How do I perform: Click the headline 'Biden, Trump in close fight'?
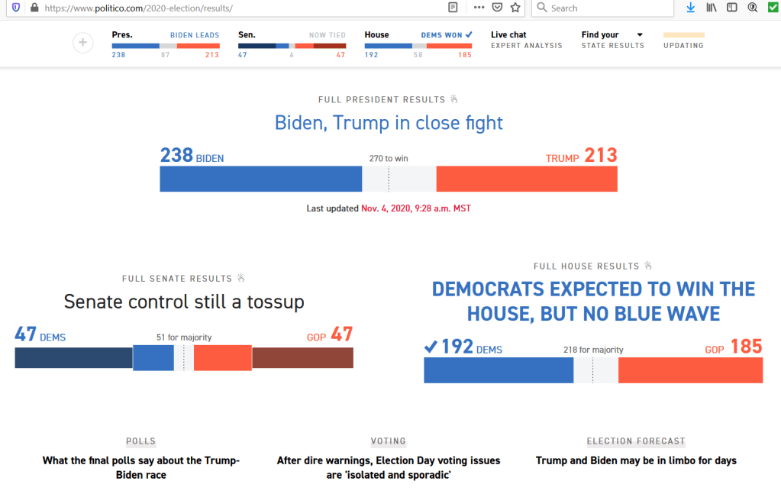tap(389, 123)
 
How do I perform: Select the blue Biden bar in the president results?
tap(260, 179)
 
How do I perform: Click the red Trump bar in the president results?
tap(526, 179)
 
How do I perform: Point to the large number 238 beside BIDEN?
tap(176, 156)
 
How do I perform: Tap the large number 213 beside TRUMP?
tap(600, 156)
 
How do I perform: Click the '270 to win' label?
tap(389, 159)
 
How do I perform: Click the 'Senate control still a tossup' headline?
tap(184, 302)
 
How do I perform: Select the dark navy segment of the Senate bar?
tap(73, 357)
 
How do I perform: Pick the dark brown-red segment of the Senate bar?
tap(302, 357)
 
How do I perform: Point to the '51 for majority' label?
tap(184, 337)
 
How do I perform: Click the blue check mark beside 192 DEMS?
tap(431, 347)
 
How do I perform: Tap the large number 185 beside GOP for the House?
tap(746, 347)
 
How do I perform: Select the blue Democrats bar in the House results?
tap(498, 370)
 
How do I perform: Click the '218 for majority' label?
tap(593, 350)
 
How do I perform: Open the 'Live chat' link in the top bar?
tap(508, 35)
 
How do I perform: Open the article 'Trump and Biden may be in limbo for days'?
tap(636, 460)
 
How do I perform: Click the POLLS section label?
tap(141, 441)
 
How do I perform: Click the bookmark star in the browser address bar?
tap(515, 8)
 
